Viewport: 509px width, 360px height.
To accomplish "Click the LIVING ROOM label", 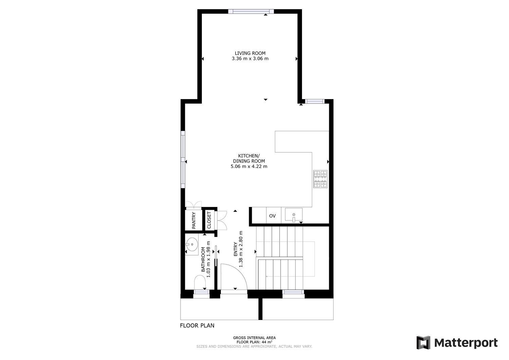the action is click(250, 53).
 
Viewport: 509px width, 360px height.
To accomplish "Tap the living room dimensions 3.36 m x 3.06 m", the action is click(250, 59).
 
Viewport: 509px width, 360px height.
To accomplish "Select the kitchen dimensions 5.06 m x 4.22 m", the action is click(249, 166).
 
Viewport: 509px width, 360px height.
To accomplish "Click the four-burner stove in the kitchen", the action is click(320, 179).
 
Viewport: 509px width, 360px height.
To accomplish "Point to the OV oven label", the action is click(272, 216).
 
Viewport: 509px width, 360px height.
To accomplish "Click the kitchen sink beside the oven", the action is click(294, 214).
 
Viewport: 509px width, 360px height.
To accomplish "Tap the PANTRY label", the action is click(194, 220).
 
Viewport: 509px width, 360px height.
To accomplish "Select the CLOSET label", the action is click(209, 220).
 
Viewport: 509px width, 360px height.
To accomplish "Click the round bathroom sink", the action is click(192, 244).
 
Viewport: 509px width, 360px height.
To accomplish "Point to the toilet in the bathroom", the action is click(200, 282).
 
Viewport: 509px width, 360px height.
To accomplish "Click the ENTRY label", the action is click(235, 249).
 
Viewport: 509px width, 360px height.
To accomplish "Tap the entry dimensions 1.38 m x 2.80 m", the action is click(241, 249).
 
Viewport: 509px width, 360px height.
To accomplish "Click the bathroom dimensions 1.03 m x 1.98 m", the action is click(208, 259).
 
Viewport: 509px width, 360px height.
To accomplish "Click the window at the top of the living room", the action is click(251, 11).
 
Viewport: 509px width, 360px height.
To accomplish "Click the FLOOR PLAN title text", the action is click(197, 326).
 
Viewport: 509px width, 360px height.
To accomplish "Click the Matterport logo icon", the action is click(423, 342).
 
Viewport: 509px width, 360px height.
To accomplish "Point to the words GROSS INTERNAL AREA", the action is click(254, 338).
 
